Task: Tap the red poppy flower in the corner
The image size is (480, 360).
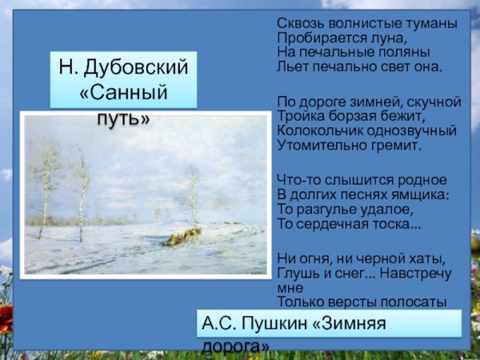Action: tap(6, 320)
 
